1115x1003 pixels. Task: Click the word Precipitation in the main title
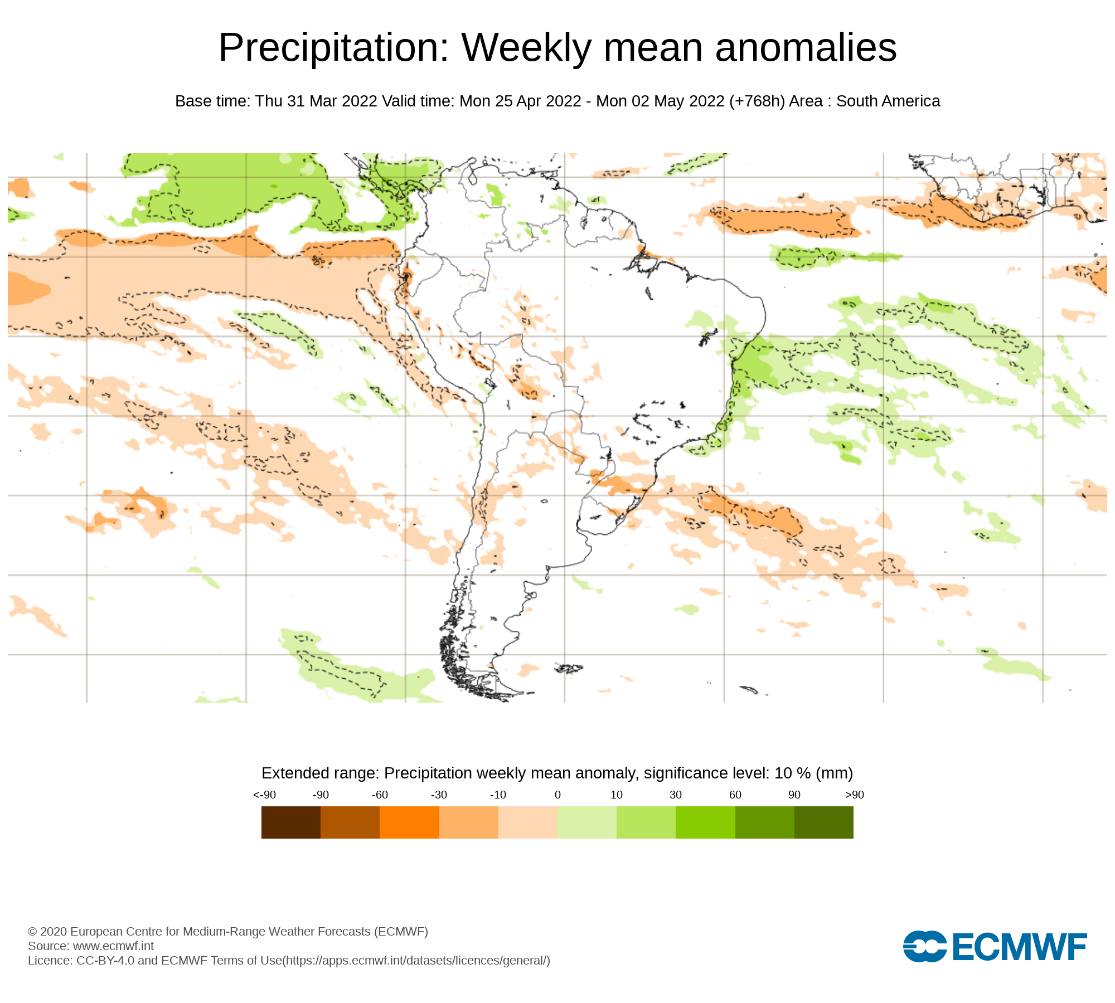pos(333,48)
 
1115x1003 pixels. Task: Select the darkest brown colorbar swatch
pos(290,822)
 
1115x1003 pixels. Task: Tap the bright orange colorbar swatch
pos(409,822)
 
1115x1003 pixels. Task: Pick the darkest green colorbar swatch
pos(823,822)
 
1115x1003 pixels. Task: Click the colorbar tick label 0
pos(557,795)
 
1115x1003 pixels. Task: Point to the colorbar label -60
pos(380,795)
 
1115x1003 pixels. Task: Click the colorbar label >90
pos(854,795)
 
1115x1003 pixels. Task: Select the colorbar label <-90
pos(264,795)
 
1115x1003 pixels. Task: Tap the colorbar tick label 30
pos(676,795)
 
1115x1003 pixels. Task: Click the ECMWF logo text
pos(1020,947)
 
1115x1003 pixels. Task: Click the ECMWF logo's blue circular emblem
pos(925,946)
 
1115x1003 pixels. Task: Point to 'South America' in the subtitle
pos(888,101)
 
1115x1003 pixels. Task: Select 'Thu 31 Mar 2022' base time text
pos(316,101)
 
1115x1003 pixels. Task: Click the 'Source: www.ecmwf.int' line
pos(91,946)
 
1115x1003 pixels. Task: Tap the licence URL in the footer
pos(417,961)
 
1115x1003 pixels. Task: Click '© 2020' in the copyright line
pos(47,932)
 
